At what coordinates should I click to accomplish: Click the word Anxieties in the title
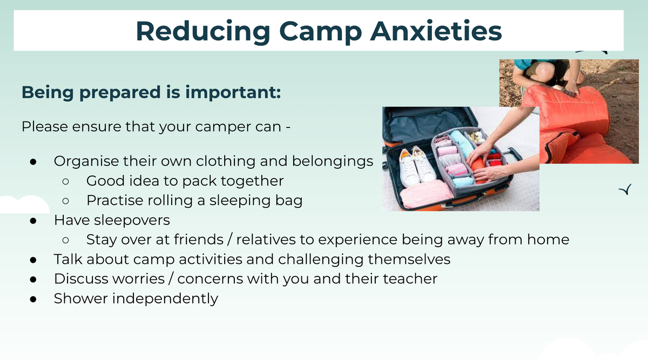pyautogui.click(x=436, y=31)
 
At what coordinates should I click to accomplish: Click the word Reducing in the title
pyautogui.click(x=203, y=32)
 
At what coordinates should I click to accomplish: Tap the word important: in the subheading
pyautogui.click(x=233, y=93)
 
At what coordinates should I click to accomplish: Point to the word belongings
pyautogui.click(x=333, y=161)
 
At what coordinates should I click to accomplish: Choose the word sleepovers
pyautogui.click(x=132, y=220)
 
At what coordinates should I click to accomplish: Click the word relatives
pyautogui.click(x=266, y=240)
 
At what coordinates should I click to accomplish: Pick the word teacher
pyautogui.click(x=410, y=279)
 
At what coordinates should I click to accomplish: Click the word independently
pyautogui.click(x=165, y=298)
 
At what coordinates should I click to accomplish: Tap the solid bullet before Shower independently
pyautogui.click(x=33, y=299)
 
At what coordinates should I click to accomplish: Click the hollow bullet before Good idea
pyautogui.click(x=66, y=181)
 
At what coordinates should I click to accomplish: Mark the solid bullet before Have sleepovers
pyautogui.click(x=33, y=221)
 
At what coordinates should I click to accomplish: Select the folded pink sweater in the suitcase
pyautogui.click(x=426, y=193)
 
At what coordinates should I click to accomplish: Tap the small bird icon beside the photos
pyautogui.click(x=625, y=189)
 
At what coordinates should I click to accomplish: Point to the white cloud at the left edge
pyautogui.click(x=25, y=205)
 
